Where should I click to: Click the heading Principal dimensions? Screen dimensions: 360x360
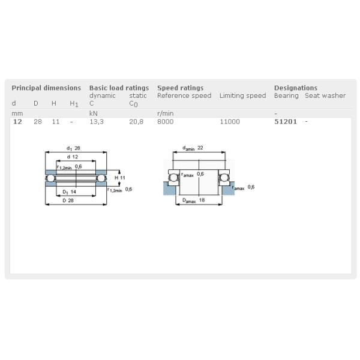[x=46, y=88]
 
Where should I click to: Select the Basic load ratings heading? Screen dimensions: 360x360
[x=119, y=88]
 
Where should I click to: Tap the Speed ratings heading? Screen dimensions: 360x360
[x=180, y=88]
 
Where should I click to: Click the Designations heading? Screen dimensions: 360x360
[x=296, y=88]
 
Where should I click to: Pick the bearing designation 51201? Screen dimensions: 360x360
[x=286, y=122]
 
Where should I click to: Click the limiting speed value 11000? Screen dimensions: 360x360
[x=230, y=122]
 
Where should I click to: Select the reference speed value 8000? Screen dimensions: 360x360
[x=166, y=122]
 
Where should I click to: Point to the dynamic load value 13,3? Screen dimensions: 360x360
[x=97, y=122]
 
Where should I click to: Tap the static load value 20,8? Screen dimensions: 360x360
[x=136, y=122]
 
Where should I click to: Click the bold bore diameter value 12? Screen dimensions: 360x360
[x=17, y=122]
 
